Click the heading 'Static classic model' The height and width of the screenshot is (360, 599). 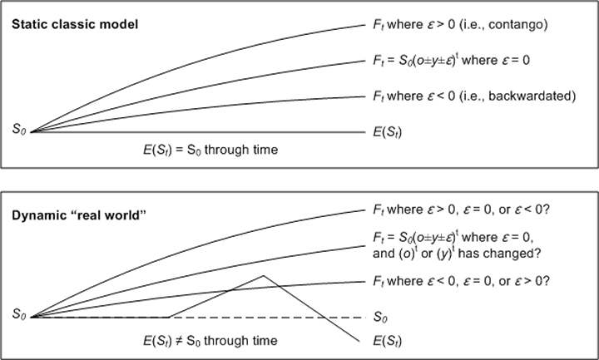(x=75, y=24)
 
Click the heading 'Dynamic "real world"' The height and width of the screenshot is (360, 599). (x=79, y=215)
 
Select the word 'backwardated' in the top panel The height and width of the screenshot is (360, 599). (x=529, y=96)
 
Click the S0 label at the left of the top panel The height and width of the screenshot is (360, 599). (x=19, y=129)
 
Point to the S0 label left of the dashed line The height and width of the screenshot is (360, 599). (x=19, y=314)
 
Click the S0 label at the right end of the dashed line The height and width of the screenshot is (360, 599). (x=380, y=317)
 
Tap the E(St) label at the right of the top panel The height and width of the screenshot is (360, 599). (x=388, y=132)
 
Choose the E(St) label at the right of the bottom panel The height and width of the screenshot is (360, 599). (x=388, y=341)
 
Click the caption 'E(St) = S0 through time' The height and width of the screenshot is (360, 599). (x=210, y=150)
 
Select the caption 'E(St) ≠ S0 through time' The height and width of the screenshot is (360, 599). (x=210, y=341)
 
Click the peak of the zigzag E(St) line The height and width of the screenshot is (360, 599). (x=263, y=275)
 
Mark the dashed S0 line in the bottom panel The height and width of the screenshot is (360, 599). (x=199, y=318)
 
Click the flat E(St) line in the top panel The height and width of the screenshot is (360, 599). (x=198, y=132)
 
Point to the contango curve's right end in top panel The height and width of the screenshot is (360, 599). (x=365, y=25)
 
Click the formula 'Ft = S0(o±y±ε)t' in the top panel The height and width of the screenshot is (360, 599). (x=416, y=61)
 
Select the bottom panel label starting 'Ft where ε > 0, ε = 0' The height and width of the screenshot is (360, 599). (x=461, y=210)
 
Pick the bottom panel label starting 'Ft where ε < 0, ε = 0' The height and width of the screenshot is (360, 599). (x=461, y=281)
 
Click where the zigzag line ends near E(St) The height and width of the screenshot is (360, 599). (x=359, y=342)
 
